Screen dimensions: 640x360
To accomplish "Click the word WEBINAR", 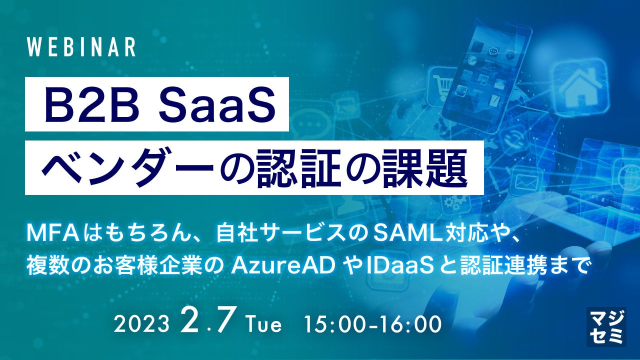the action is [x=81, y=47].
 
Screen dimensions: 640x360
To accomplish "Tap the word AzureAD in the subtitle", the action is [x=283, y=265].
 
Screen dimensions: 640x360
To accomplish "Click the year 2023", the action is [x=141, y=324].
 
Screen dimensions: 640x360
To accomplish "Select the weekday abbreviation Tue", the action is [x=264, y=324].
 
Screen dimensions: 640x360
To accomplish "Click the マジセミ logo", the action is [x=606, y=327].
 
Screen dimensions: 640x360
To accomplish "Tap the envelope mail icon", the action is [x=527, y=181].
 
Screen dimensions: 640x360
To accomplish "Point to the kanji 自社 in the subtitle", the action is [x=234, y=234].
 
